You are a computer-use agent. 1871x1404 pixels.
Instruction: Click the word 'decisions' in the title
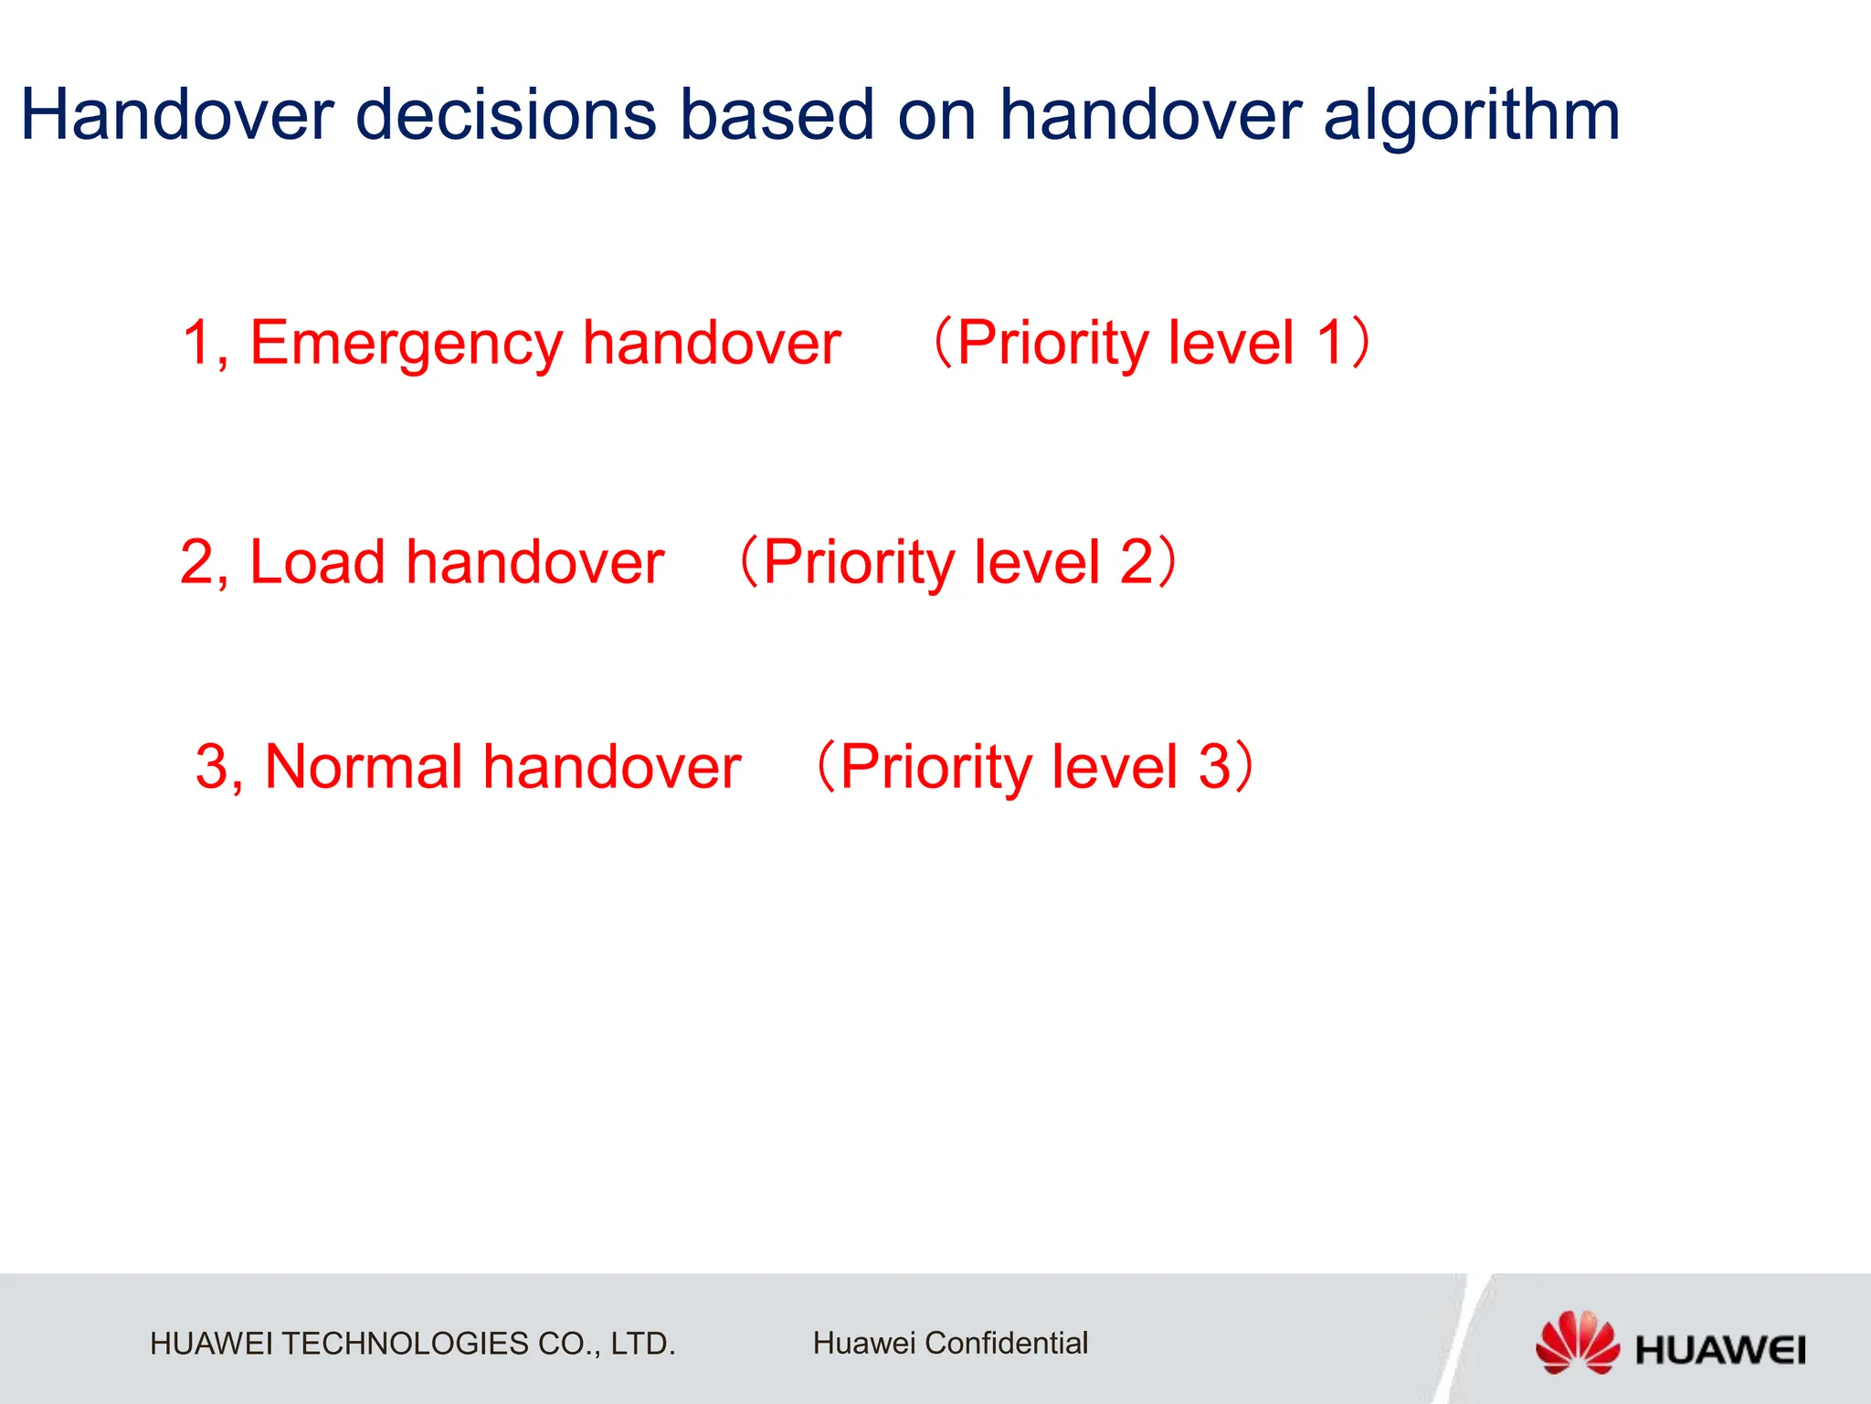point(505,115)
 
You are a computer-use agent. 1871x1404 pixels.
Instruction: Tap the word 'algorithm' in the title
point(1471,117)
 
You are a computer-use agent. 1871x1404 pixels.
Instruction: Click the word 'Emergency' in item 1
point(407,344)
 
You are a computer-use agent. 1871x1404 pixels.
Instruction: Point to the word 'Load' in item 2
point(317,561)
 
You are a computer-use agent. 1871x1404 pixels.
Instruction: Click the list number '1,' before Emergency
point(206,344)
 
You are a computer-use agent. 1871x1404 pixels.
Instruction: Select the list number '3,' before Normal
point(219,766)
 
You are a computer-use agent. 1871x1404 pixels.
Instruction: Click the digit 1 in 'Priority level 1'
point(1330,343)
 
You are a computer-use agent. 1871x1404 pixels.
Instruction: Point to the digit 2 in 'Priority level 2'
point(1136,561)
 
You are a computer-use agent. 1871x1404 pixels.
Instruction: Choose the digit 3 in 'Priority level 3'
point(1214,766)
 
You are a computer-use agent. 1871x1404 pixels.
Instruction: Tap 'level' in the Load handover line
point(1036,561)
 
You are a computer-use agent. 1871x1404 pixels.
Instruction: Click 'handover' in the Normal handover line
point(611,766)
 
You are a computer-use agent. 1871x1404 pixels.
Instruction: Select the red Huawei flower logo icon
point(1577,1341)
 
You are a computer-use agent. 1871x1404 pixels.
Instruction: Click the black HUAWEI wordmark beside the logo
point(1719,1350)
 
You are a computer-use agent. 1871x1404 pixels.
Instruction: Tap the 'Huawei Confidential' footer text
point(950,1343)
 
